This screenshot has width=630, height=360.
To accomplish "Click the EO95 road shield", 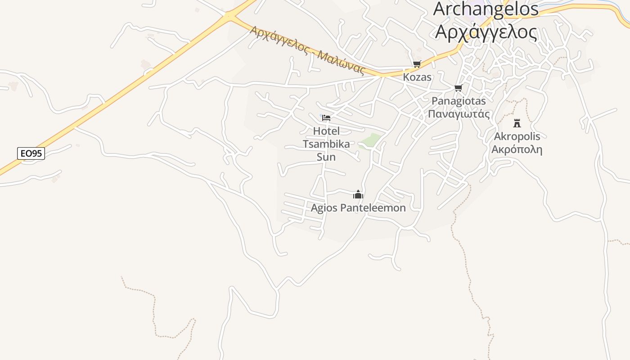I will pos(31,153).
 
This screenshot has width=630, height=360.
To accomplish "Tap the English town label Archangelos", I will pos(486,9).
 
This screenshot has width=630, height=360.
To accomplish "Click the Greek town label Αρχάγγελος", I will pos(486,31).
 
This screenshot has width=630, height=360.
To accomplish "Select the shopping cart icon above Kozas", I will pos(417,64).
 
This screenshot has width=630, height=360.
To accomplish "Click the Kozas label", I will pos(417,77).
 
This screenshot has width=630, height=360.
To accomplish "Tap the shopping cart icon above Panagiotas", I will pos(458,88).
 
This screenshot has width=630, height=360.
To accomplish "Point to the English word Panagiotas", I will pos(459,101).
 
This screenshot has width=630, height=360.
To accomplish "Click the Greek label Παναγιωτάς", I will pos(459,113).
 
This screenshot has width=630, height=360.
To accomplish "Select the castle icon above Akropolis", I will pos(517,123).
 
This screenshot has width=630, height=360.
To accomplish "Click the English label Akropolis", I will pos(517,136).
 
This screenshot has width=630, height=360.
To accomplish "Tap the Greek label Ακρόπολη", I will pos(517,149).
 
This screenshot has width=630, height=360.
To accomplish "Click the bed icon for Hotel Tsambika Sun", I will pos(326,118).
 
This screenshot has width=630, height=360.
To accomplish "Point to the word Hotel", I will pos(326,131).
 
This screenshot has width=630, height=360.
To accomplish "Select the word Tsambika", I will pos(326,144).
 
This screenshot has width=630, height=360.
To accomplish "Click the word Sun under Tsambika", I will pos(326,157).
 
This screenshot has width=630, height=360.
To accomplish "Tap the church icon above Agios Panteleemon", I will pos(358,194).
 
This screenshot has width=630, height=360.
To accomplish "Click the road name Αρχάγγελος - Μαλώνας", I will pos(306,49).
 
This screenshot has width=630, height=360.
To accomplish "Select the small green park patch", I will pos(369,141).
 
